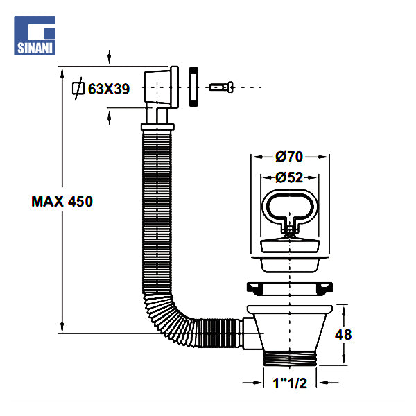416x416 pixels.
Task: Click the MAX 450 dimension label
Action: (62, 202)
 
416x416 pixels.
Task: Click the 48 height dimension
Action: (343, 333)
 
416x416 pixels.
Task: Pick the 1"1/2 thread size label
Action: (289, 381)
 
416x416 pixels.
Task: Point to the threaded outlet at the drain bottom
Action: (290, 359)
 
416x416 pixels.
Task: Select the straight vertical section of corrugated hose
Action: (159, 208)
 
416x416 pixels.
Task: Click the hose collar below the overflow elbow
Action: (159, 127)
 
